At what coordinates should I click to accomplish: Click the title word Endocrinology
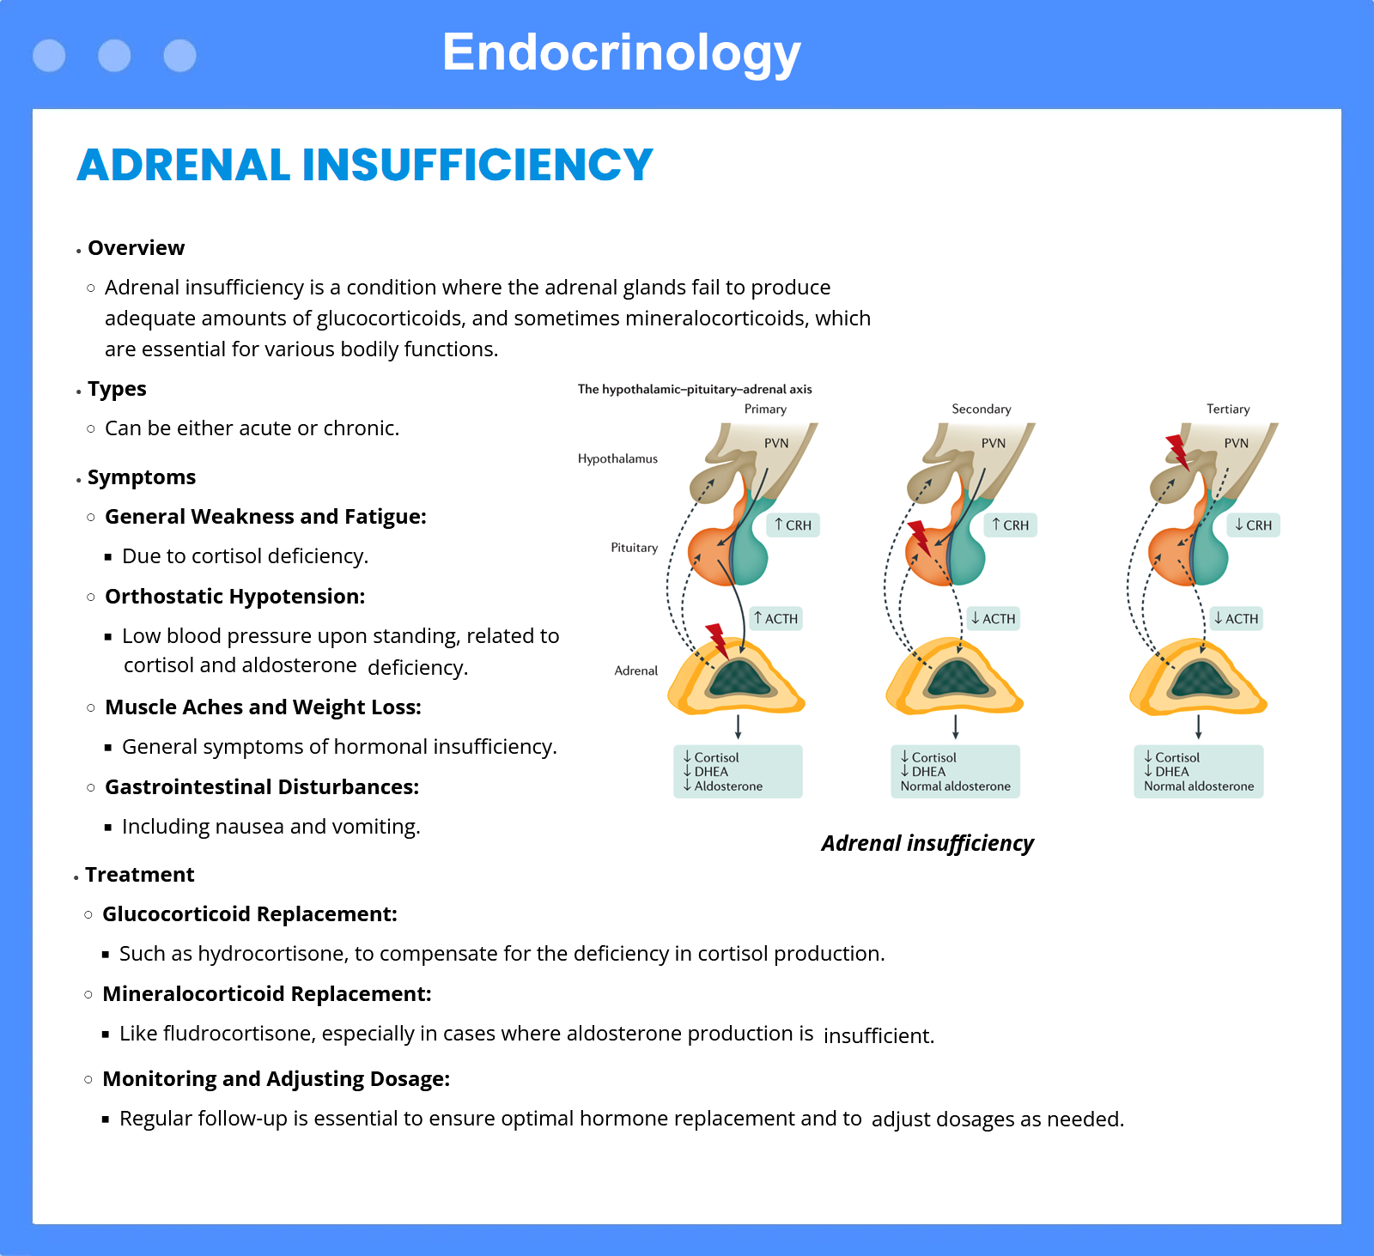[x=622, y=53]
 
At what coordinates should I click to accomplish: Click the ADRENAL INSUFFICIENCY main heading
[x=365, y=165]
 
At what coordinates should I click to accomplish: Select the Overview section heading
[x=136, y=248]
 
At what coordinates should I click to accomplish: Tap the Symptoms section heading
[x=142, y=477]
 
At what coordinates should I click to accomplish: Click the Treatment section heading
[x=140, y=875]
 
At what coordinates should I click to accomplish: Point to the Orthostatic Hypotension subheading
[x=235, y=597]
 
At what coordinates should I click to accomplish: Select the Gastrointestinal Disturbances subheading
[x=262, y=787]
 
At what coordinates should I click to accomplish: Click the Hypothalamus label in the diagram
[x=617, y=459]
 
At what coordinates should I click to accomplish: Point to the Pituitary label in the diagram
[x=634, y=548]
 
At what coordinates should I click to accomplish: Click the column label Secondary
[x=982, y=410]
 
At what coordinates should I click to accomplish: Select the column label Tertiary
[x=1228, y=410]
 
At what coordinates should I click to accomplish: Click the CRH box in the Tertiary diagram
[x=1254, y=525]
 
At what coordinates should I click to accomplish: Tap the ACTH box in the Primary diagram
[x=776, y=619]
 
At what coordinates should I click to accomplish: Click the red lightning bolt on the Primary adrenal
[x=717, y=640]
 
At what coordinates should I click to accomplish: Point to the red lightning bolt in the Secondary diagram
[x=920, y=537]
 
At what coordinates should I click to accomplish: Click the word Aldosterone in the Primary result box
[x=728, y=786]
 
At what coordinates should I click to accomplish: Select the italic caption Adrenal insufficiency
[x=927, y=843]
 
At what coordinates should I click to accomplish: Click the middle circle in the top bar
[x=114, y=56]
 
